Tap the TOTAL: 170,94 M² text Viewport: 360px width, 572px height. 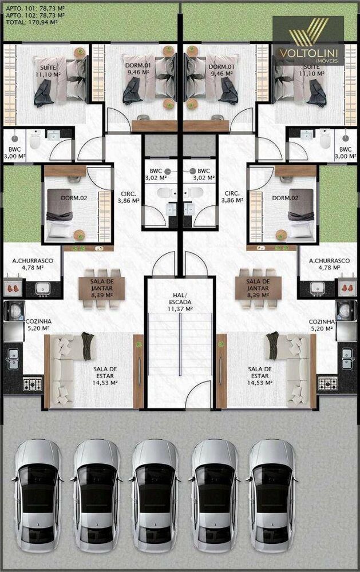click(31, 22)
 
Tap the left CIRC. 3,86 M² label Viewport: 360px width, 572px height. click(128, 197)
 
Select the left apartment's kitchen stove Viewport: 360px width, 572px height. click(33, 384)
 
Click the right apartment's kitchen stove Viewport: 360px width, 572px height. click(327, 384)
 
